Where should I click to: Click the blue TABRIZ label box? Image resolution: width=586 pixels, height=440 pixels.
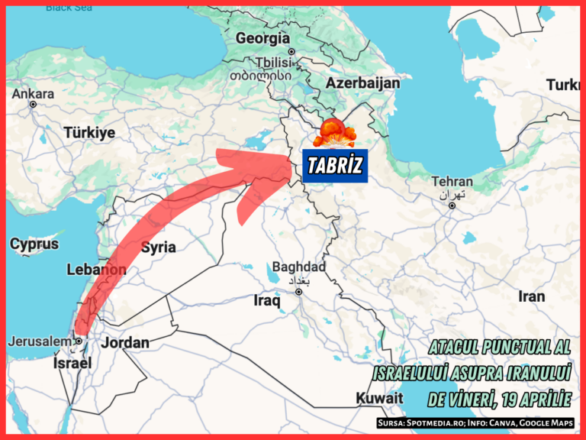pyautogui.click(x=335, y=167)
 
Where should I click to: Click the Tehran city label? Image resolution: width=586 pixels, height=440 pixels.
pyautogui.click(x=452, y=182)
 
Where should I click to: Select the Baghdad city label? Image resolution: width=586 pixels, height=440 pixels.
pyautogui.click(x=298, y=267)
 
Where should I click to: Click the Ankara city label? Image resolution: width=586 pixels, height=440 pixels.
pyautogui.click(x=33, y=94)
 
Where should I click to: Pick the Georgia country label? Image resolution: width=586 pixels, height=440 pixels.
pyautogui.click(x=262, y=38)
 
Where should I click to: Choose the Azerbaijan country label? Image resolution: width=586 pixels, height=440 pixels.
pyautogui.click(x=363, y=82)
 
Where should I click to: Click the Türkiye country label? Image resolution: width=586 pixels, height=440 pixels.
pyautogui.click(x=89, y=132)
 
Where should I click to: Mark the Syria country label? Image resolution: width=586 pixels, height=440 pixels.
pyautogui.click(x=159, y=247)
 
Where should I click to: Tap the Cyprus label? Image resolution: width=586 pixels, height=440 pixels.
pyautogui.click(x=34, y=244)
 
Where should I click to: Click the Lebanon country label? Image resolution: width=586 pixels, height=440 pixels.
pyautogui.click(x=96, y=270)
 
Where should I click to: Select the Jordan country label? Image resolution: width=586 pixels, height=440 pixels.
pyautogui.click(x=125, y=342)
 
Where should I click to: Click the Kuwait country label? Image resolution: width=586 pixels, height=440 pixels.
pyautogui.click(x=378, y=398)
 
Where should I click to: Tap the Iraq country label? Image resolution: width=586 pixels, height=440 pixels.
pyautogui.click(x=266, y=301)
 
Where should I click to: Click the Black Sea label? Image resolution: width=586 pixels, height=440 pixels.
pyautogui.click(x=69, y=8)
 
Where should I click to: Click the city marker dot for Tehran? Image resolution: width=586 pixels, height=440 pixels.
pyautogui.click(x=452, y=205)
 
